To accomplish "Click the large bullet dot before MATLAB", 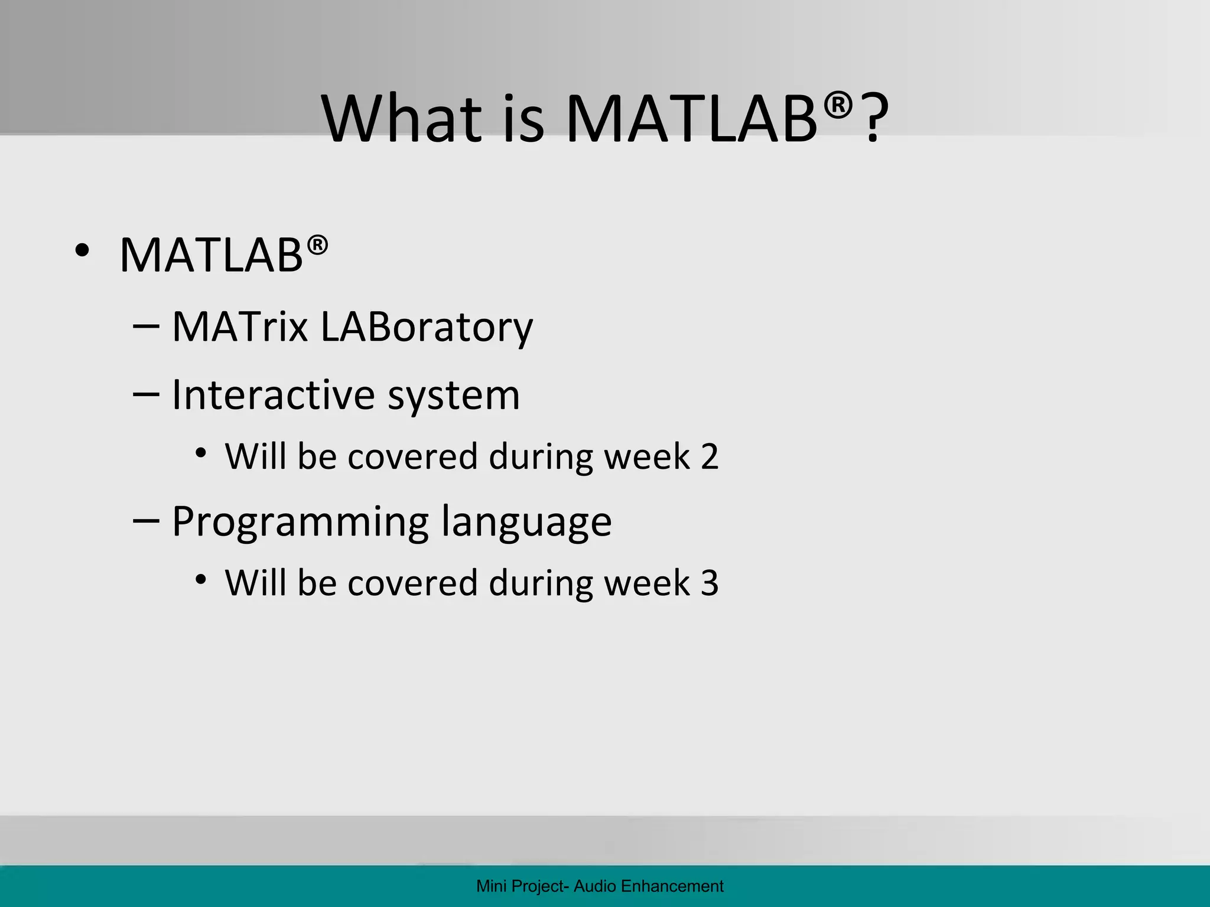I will (x=82, y=252).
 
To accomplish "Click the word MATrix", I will (x=240, y=327).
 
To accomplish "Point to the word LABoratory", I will (x=426, y=327).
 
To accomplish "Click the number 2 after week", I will (x=710, y=456).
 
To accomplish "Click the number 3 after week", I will (x=710, y=583).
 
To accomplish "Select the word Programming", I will (x=300, y=522).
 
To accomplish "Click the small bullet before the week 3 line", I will (x=201, y=580).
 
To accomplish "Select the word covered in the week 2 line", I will (x=412, y=456).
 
